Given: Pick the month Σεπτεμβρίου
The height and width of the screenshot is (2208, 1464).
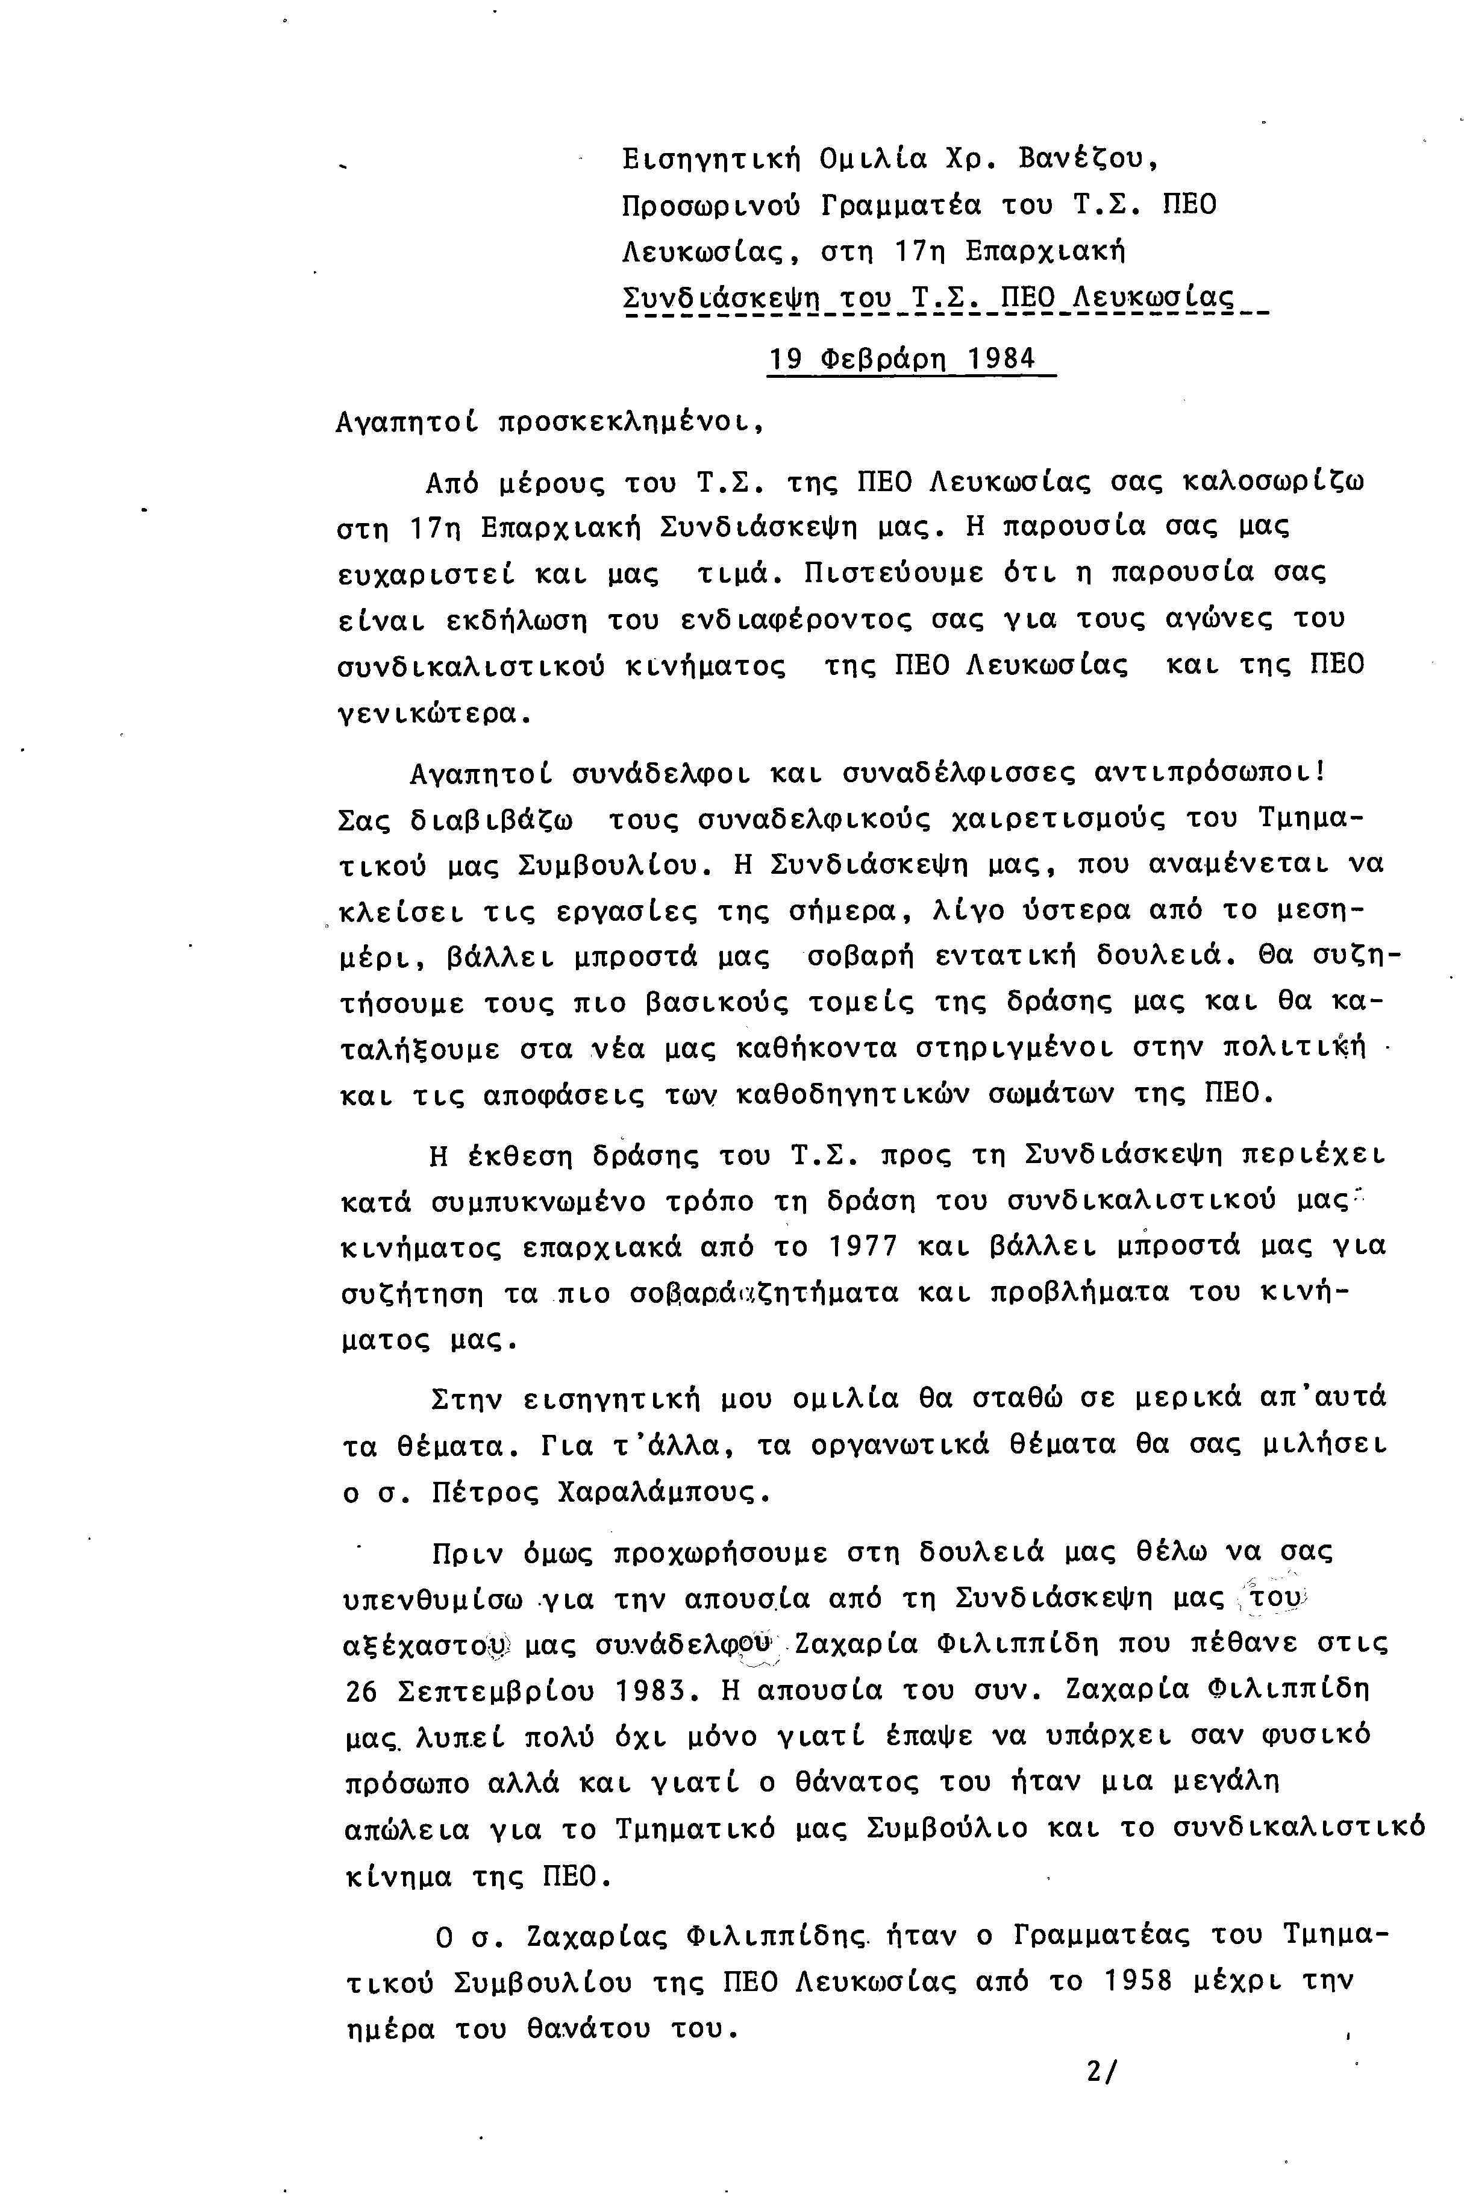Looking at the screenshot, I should [x=496, y=1690].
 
